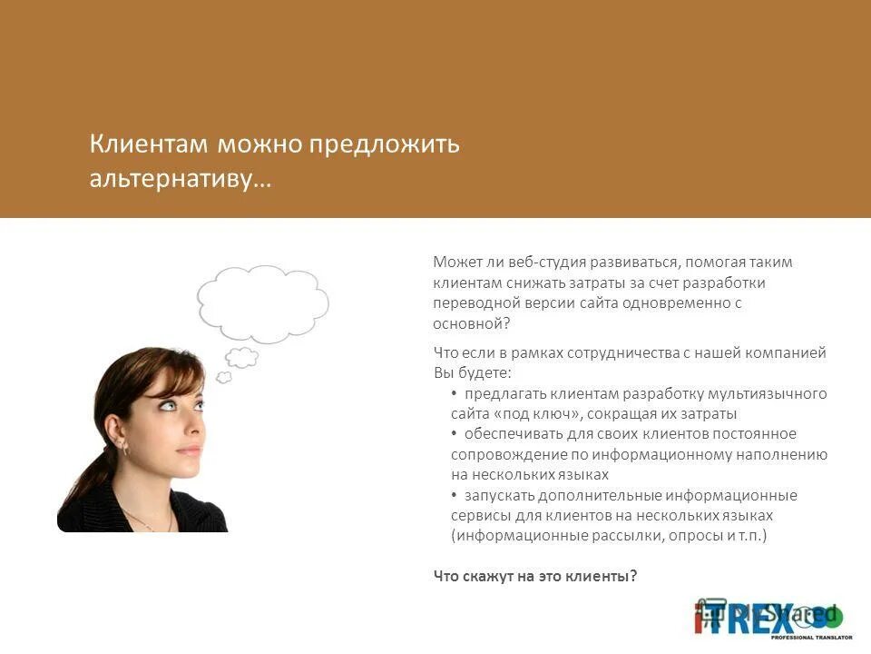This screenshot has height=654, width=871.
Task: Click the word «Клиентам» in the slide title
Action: pyautogui.click(x=150, y=145)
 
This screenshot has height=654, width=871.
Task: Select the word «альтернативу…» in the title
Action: pyautogui.click(x=180, y=178)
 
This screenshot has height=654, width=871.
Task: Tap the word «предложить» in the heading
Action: pyautogui.click(x=386, y=145)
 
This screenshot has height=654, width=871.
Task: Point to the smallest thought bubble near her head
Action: pyautogui.click(x=223, y=376)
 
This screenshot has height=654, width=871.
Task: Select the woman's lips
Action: pyautogui.click(x=188, y=451)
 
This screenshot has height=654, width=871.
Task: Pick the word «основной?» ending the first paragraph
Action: pyautogui.click(x=472, y=323)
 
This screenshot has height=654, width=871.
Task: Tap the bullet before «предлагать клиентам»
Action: pyautogui.click(x=455, y=393)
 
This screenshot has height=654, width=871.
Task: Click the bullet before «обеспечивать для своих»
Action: pyautogui.click(x=455, y=433)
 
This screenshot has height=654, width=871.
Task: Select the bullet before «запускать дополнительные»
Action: pyautogui.click(x=455, y=495)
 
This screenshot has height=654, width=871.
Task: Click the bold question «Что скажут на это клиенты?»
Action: pyautogui.click(x=535, y=575)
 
